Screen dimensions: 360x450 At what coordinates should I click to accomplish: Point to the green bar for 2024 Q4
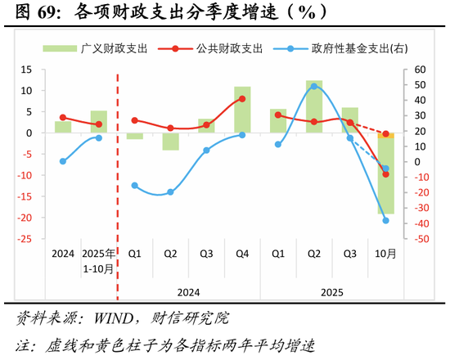242,110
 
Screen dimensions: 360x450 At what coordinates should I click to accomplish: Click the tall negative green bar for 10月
385,176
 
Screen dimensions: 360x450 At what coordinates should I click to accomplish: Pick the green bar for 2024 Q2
170,141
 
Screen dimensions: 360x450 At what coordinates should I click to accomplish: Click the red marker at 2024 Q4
242,99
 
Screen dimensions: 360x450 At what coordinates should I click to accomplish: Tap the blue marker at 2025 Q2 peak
314,86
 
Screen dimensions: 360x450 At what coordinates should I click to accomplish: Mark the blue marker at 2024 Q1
135,186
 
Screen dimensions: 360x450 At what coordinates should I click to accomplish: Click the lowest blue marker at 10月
385,220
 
